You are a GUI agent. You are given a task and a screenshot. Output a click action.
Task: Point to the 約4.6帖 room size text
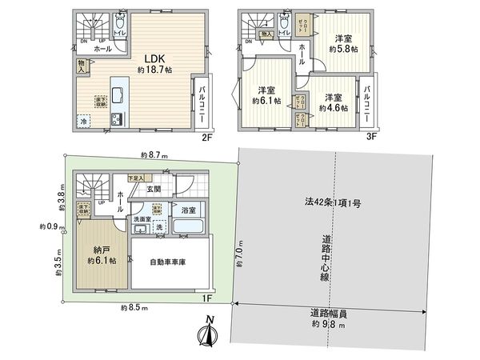click(x=332, y=108)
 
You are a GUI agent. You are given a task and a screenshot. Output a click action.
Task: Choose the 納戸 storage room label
click(x=101, y=249)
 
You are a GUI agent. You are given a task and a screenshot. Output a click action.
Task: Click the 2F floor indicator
click(x=206, y=137)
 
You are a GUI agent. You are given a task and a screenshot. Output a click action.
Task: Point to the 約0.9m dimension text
click(x=48, y=226)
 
